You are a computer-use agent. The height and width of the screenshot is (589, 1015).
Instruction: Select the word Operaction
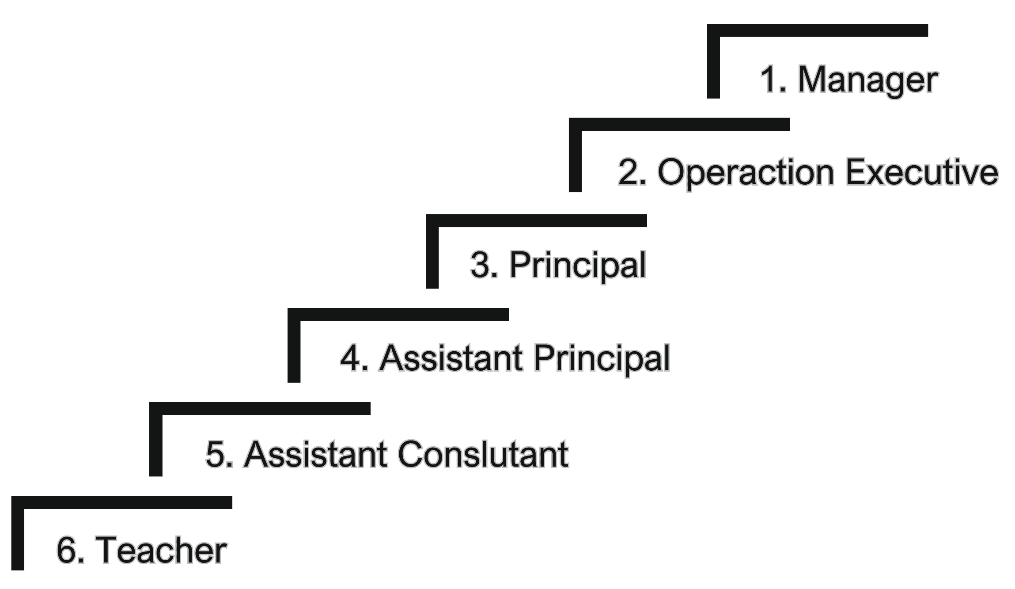pyautogui.click(x=746, y=173)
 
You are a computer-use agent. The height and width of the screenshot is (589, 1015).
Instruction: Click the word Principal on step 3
pyautogui.click(x=577, y=265)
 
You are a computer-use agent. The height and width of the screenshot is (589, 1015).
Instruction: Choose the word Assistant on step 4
pyautogui.click(x=451, y=358)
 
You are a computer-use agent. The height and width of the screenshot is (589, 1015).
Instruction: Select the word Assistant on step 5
pyautogui.click(x=315, y=454)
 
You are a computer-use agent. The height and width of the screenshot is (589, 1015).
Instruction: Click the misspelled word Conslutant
pyautogui.click(x=483, y=454)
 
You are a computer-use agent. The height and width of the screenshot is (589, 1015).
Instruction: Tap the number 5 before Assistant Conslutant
pyautogui.click(x=216, y=454)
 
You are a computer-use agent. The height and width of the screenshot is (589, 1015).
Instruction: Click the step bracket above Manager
pyautogui.click(x=817, y=30)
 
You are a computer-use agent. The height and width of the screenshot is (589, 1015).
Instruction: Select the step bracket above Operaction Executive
pyautogui.click(x=679, y=125)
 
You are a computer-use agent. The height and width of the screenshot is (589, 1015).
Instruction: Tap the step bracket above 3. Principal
pyautogui.click(x=536, y=220)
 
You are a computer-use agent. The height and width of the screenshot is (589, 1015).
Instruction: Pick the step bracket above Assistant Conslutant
pyautogui.click(x=260, y=408)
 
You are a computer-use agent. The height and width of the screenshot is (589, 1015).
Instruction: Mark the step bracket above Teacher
pyautogui.click(x=121, y=502)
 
